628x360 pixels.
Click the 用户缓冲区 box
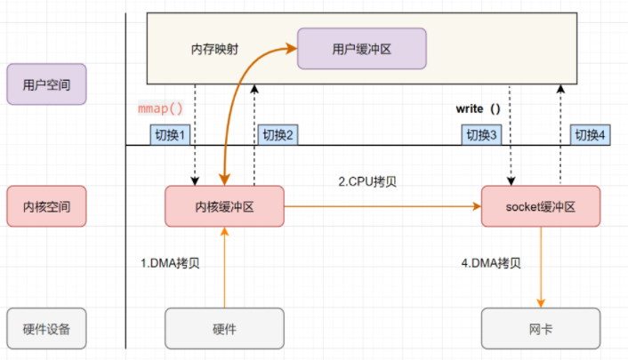(362, 48)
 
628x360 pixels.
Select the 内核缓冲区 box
(224, 206)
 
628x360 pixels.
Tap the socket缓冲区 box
(541, 206)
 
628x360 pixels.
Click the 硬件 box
(224, 329)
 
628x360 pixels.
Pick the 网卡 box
(541, 329)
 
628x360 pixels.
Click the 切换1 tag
(170, 135)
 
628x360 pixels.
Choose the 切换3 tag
(481, 135)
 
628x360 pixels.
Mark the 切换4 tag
(589, 135)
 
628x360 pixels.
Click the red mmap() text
(160, 108)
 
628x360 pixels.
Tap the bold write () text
(478, 108)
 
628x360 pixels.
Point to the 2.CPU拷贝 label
(367, 181)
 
